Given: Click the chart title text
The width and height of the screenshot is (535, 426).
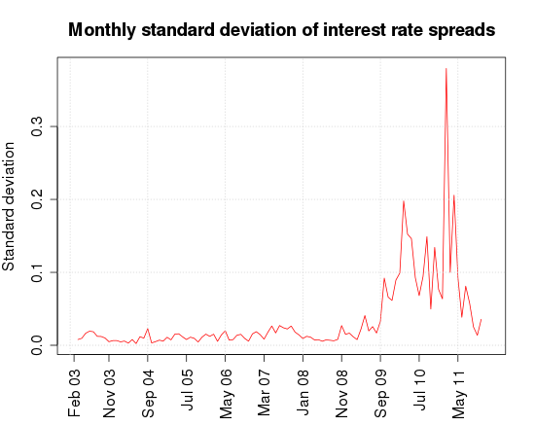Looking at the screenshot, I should tap(282, 31).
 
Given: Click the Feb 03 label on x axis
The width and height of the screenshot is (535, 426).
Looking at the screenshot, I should tap(76, 392).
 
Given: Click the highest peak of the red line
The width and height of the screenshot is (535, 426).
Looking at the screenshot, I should tap(446, 69).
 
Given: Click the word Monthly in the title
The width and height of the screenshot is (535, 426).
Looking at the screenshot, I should tap(104, 31).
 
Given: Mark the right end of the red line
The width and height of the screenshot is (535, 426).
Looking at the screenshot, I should tap(481, 319).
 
